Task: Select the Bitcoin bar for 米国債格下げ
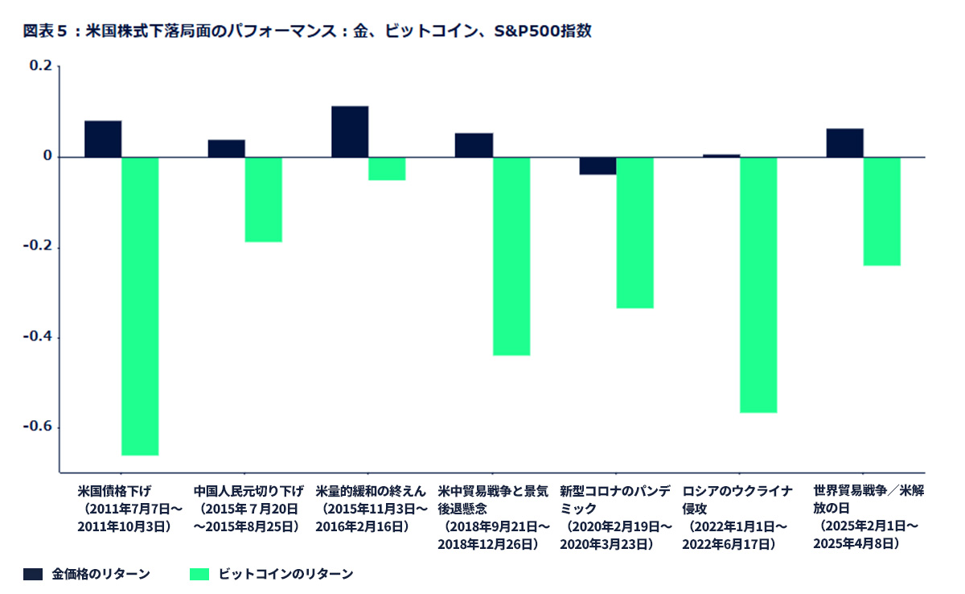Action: coord(140,306)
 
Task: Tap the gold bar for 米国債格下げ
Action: coord(103,138)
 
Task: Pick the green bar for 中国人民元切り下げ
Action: coord(264,199)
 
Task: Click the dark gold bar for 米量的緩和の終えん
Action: coord(350,131)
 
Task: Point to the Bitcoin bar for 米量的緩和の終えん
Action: coord(387,168)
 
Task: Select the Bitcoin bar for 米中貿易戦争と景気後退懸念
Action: coord(511,256)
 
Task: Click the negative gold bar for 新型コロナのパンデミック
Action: coord(597,166)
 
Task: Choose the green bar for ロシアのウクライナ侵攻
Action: coord(758,285)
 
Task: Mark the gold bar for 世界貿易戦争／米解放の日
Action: coord(844,142)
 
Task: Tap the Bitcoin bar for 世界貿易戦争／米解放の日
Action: coord(881,211)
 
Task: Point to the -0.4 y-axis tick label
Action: coord(39,336)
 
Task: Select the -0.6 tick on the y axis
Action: coord(39,427)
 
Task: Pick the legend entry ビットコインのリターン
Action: coord(285,574)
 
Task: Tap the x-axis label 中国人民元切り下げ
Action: coord(248,490)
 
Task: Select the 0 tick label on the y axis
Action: coord(47,156)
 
